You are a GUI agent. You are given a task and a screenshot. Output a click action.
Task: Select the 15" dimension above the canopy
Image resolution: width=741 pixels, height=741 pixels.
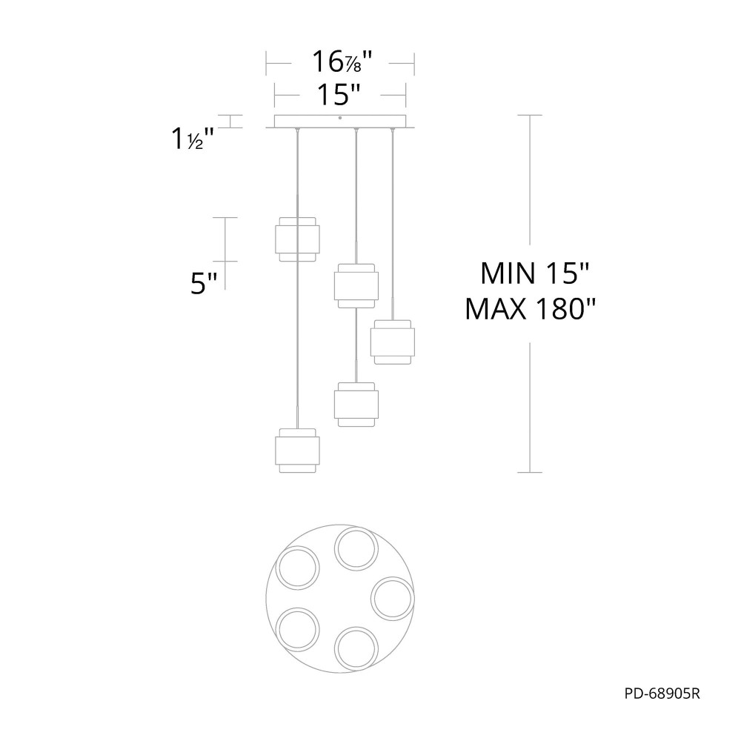tap(339, 95)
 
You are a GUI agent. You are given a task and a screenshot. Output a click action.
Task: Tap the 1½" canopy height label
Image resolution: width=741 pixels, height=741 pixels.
tap(192, 139)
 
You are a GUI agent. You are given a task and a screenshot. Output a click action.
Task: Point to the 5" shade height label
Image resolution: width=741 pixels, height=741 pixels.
tap(204, 284)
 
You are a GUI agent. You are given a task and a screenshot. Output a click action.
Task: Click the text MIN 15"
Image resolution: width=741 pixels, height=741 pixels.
tap(534, 273)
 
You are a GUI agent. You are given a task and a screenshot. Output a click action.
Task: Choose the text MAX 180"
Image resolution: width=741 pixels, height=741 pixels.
tap(531, 309)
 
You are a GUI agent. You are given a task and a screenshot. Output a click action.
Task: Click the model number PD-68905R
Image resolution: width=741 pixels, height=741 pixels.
tap(662, 694)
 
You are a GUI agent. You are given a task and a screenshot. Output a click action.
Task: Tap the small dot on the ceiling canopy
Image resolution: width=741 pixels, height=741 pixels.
tap(340, 118)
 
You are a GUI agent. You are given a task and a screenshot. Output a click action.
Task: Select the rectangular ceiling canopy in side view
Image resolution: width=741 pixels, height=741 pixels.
tap(340, 122)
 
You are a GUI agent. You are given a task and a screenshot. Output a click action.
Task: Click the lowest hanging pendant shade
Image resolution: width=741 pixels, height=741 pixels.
tap(297, 451)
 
